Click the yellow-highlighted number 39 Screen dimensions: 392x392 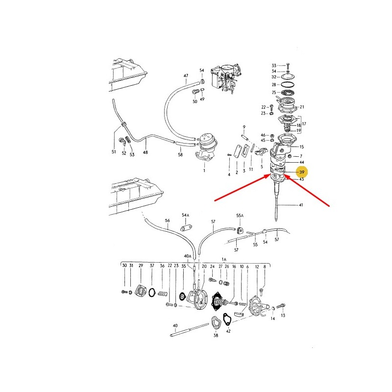(x=302, y=172)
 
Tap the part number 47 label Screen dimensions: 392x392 (x=186, y=75)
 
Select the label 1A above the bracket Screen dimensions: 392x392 (x=224, y=260)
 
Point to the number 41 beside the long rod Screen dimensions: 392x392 (x=301, y=205)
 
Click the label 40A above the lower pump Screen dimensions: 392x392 (x=188, y=256)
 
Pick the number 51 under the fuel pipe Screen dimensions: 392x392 (x=114, y=152)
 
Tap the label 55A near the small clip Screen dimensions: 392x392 (x=240, y=216)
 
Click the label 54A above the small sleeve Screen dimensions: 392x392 (x=185, y=215)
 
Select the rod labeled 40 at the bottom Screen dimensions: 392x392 (x=189, y=330)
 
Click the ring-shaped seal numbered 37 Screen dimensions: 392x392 (x=152, y=293)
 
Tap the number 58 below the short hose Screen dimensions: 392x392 (x=180, y=155)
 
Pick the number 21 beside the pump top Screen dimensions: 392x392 (x=302, y=107)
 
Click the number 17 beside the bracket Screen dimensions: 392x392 (x=304, y=124)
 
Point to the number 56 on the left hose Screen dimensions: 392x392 (x=167, y=220)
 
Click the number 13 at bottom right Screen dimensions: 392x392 (x=283, y=316)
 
